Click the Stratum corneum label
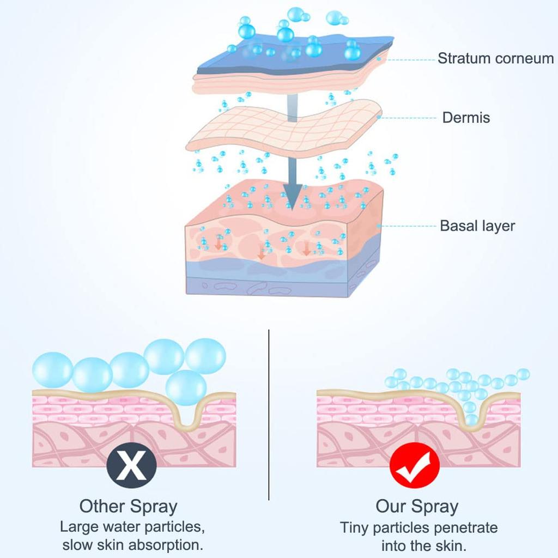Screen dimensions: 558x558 pyautogui.click(x=495, y=58)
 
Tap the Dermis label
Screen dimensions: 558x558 pyautogui.click(x=466, y=117)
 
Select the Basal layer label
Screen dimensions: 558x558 pyautogui.click(x=477, y=225)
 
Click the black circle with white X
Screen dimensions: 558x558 pyautogui.click(x=132, y=468)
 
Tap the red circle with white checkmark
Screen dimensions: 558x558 pyautogui.click(x=414, y=469)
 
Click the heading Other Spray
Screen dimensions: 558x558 pyautogui.click(x=129, y=506)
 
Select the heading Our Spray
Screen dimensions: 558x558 pyautogui.click(x=417, y=506)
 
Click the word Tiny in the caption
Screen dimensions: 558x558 pyautogui.click(x=354, y=527)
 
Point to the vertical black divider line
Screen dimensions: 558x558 pyautogui.click(x=269, y=414)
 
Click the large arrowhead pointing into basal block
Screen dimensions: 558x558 pyautogui.click(x=292, y=196)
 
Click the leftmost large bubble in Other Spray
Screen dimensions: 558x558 pyautogui.click(x=52, y=369)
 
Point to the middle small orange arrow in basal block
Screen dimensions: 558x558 pyautogui.click(x=262, y=253)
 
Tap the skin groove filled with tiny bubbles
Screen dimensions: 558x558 pyautogui.click(x=470, y=411)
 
